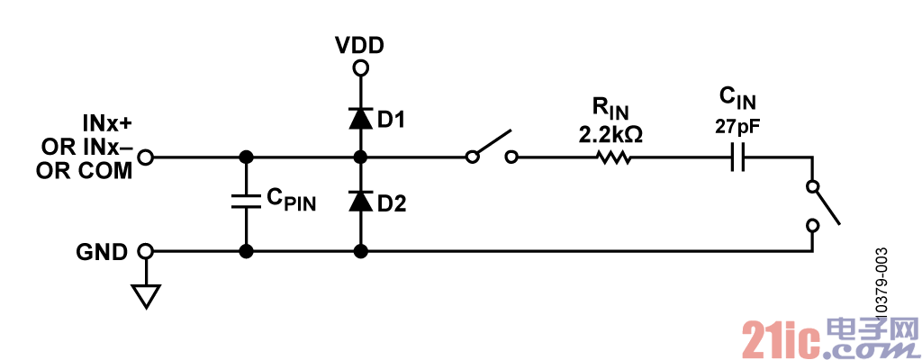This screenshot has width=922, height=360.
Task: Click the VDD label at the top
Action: [360, 45]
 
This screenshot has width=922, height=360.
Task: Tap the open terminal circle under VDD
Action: [360, 68]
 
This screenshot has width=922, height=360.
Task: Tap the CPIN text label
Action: [292, 200]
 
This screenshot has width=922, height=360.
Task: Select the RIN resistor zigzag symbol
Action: [613, 157]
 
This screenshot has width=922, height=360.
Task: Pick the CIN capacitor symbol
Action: [738, 157]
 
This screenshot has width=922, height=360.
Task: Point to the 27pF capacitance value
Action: [737, 127]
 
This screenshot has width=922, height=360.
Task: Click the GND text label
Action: [102, 252]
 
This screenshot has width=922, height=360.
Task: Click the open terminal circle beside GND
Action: [145, 252]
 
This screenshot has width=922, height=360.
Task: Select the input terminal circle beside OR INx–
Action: [145, 157]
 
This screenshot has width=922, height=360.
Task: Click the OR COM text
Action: [84, 171]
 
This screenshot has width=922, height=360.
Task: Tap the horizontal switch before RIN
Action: [492, 147]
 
